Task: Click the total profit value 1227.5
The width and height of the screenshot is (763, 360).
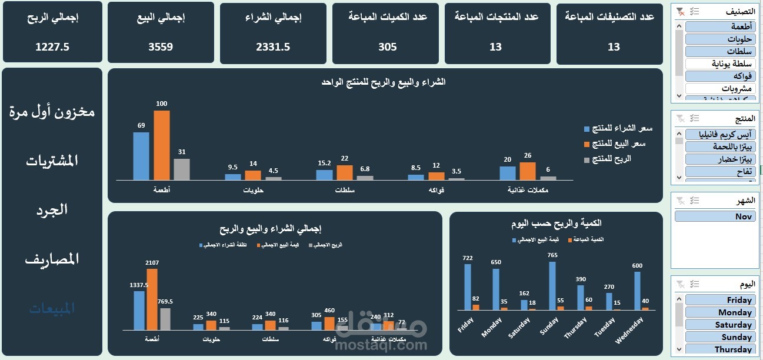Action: coord(52,47)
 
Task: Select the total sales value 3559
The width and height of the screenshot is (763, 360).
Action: coord(161,47)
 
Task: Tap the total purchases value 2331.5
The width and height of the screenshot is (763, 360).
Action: coord(273,47)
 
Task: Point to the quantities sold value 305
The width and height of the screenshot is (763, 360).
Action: coord(387,47)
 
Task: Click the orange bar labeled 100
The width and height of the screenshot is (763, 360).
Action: coord(162,145)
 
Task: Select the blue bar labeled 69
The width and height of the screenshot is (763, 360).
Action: coord(141,156)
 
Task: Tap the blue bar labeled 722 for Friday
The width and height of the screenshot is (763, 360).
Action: coord(468,286)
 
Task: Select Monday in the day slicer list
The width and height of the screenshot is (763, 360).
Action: coord(718,312)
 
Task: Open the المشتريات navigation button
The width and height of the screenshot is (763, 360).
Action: coord(52,161)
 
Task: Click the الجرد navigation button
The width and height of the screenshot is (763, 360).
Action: coord(52,209)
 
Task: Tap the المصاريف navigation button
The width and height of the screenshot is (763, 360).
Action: coord(52,259)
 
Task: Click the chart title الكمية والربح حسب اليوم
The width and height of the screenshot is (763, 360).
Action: coord(556,224)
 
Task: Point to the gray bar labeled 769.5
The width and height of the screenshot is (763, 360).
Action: coord(165,318)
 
